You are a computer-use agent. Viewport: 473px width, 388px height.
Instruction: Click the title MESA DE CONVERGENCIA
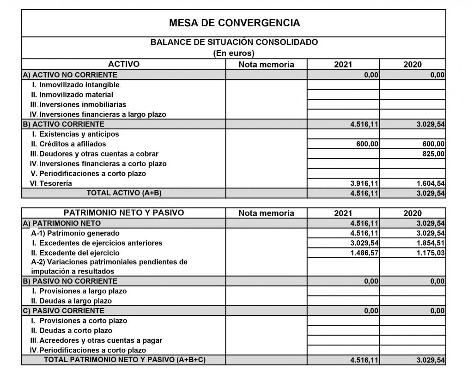tap(234, 23)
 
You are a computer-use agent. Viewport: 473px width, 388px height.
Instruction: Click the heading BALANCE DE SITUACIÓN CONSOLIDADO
tap(234, 42)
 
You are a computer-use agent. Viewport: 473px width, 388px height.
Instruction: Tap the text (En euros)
tap(234, 53)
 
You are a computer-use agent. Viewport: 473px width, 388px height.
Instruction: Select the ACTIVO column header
tap(123, 64)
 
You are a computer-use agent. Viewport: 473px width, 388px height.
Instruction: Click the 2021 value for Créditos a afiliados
tap(367, 144)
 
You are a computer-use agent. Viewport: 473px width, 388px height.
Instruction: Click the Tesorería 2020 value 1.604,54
tap(431, 183)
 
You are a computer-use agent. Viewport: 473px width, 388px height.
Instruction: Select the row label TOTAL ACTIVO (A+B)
tap(124, 193)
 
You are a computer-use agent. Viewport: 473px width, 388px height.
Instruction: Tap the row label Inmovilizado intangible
tap(79, 85)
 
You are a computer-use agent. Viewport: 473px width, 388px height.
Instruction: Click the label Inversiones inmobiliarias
tap(82, 104)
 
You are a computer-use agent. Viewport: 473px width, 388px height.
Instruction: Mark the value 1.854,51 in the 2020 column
tap(431, 243)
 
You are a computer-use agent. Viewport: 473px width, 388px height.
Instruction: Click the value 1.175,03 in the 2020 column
tap(431, 253)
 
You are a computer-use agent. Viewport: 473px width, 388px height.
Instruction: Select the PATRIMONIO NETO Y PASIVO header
tap(124, 213)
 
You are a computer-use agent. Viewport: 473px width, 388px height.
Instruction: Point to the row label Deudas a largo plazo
tap(76, 301)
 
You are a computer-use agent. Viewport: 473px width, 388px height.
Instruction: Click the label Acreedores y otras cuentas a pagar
tap(100, 340)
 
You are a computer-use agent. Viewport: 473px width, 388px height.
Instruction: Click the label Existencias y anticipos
tap(79, 134)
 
